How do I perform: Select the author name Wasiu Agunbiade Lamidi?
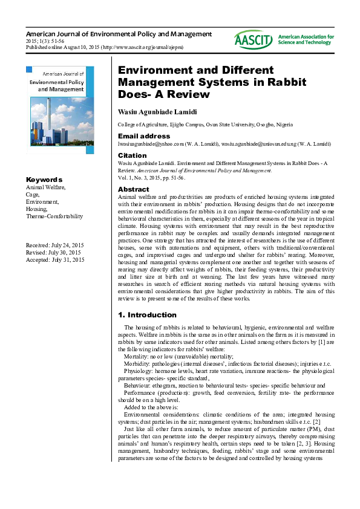coord(162,111)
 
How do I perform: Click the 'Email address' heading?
coord(143,136)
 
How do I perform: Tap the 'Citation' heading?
coord(132,155)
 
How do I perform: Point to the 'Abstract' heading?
coord(133,190)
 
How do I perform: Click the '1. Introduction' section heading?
coord(147,315)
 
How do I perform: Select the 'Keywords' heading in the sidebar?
coord(44,180)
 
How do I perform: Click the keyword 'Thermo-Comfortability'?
coord(54,216)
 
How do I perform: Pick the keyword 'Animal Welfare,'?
coord(45,187)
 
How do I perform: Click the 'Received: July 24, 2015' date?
coord(54,245)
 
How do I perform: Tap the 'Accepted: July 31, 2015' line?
coord(54,260)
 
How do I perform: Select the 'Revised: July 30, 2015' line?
coord(53,253)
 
